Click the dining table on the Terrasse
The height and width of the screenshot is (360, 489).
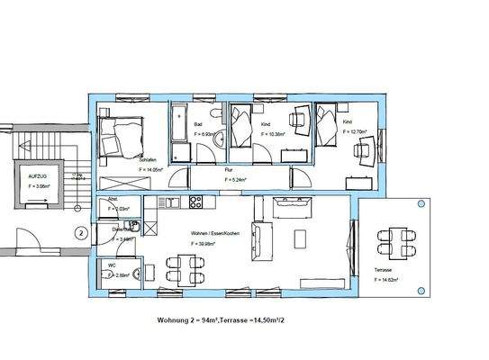[397, 239]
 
